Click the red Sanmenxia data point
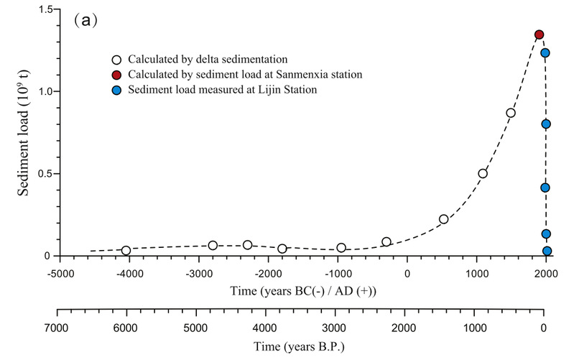539,34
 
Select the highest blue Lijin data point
545,52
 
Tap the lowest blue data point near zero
547,251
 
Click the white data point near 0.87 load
511,113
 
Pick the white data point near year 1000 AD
483,173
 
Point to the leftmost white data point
126,251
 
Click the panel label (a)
85,21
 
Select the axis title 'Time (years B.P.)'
301,346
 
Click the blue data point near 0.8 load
546,124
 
